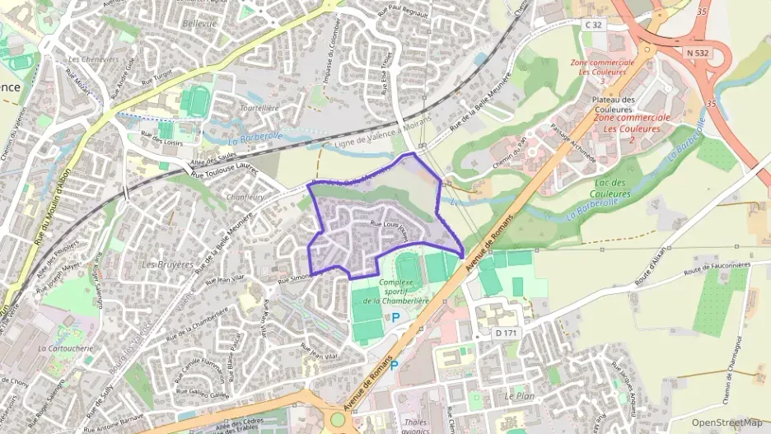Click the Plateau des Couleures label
pyautogui.click(x=614, y=105)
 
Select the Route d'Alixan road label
pyautogui.click(x=649, y=268)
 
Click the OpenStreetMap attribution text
pyautogui.click(x=727, y=422)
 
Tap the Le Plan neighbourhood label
pyautogui.click(x=519, y=396)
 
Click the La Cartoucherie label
pyautogui.click(x=65, y=348)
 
